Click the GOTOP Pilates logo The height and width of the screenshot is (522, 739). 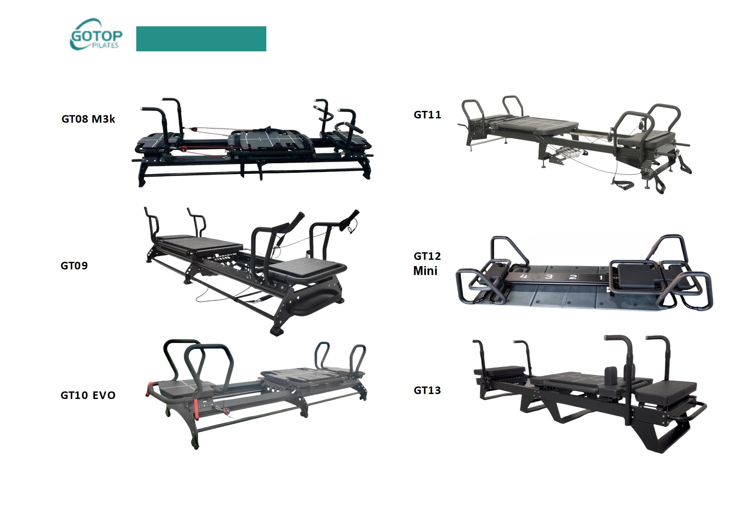coord(96,35)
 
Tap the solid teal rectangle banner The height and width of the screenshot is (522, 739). coord(201,39)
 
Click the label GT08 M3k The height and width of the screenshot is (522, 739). coord(88,119)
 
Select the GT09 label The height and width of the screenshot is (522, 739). coord(74,265)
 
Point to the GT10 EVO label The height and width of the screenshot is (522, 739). coord(88,395)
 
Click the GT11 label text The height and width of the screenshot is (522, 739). coord(427,115)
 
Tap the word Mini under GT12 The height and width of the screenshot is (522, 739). coord(425,271)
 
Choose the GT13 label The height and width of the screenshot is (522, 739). coord(427,390)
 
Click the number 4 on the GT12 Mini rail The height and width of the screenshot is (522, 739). coord(524,276)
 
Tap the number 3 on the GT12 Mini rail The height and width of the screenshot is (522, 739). coord(548,276)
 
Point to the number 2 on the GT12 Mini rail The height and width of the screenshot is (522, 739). coord(573,277)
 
